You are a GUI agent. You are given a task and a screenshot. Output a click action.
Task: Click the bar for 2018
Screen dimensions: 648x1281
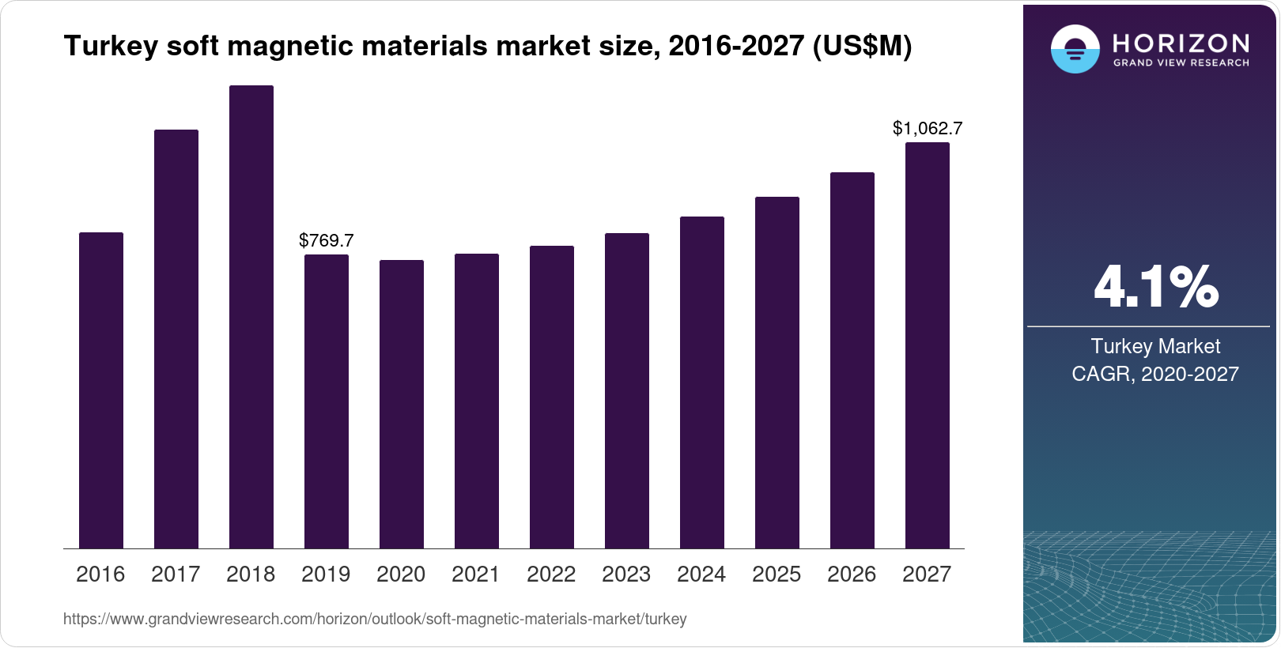tap(251, 316)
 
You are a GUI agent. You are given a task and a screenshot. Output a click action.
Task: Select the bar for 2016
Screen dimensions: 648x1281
tap(101, 390)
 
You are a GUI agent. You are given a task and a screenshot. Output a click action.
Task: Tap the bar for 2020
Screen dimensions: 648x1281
tap(402, 404)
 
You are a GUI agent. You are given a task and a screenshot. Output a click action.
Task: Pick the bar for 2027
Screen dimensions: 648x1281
tap(927, 345)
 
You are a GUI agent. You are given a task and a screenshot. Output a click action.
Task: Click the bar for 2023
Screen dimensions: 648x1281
tap(627, 390)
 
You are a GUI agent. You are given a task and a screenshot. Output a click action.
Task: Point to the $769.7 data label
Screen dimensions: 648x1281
tap(326, 240)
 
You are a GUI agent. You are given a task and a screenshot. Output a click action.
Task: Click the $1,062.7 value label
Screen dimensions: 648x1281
tap(927, 128)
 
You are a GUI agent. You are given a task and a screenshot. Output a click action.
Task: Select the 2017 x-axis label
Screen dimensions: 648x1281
tap(176, 575)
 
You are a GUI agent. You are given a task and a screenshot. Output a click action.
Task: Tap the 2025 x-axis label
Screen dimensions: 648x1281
tap(777, 575)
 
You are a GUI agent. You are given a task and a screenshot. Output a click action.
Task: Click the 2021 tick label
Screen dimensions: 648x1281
tap(476, 575)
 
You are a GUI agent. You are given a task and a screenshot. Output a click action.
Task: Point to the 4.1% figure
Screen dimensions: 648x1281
tap(1155, 287)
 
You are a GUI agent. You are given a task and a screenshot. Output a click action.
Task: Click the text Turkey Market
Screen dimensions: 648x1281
tap(1155, 346)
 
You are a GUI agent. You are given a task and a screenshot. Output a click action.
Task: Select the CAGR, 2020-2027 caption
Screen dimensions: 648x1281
tap(1155, 374)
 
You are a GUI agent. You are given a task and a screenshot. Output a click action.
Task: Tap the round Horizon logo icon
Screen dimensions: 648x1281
tap(1075, 49)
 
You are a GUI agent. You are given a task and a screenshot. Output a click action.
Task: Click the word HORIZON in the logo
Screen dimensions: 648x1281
tap(1181, 43)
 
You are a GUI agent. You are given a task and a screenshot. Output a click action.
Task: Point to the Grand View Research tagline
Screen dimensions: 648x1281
tap(1181, 63)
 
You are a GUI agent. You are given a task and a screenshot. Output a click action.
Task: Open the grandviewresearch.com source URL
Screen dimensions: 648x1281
tap(375, 619)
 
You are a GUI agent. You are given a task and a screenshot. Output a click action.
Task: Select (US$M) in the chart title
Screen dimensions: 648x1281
tap(862, 46)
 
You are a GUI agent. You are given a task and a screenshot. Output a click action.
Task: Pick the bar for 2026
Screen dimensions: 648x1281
tap(852, 360)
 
